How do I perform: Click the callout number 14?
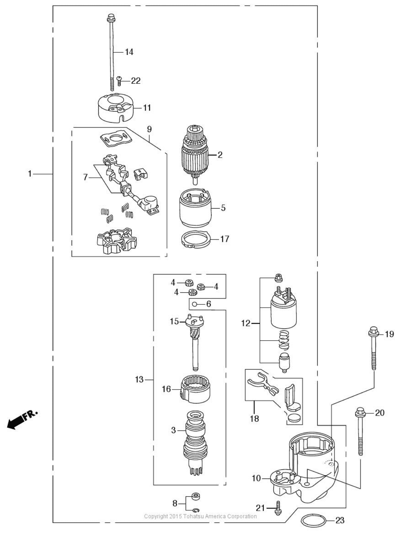pyautogui.click(x=129, y=52)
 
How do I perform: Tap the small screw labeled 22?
pyautogui.click(x=119, y=81)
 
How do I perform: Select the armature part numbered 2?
pyautogui.click(x=194, y=154)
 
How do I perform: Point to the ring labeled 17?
pyautogui.click(x=196, y=240)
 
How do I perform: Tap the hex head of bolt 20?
pyautogui.click(x=360, y=412)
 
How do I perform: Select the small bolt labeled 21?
pyautogui.click(x=277, y=508)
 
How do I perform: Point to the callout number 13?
pyautogui.click(x=139, y=380)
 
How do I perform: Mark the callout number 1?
pyautogui.click(x=30, y=174)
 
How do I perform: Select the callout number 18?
pyautogui.click(x=254, y=418)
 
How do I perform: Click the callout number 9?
pyautogui.click(x=149, y=130)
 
